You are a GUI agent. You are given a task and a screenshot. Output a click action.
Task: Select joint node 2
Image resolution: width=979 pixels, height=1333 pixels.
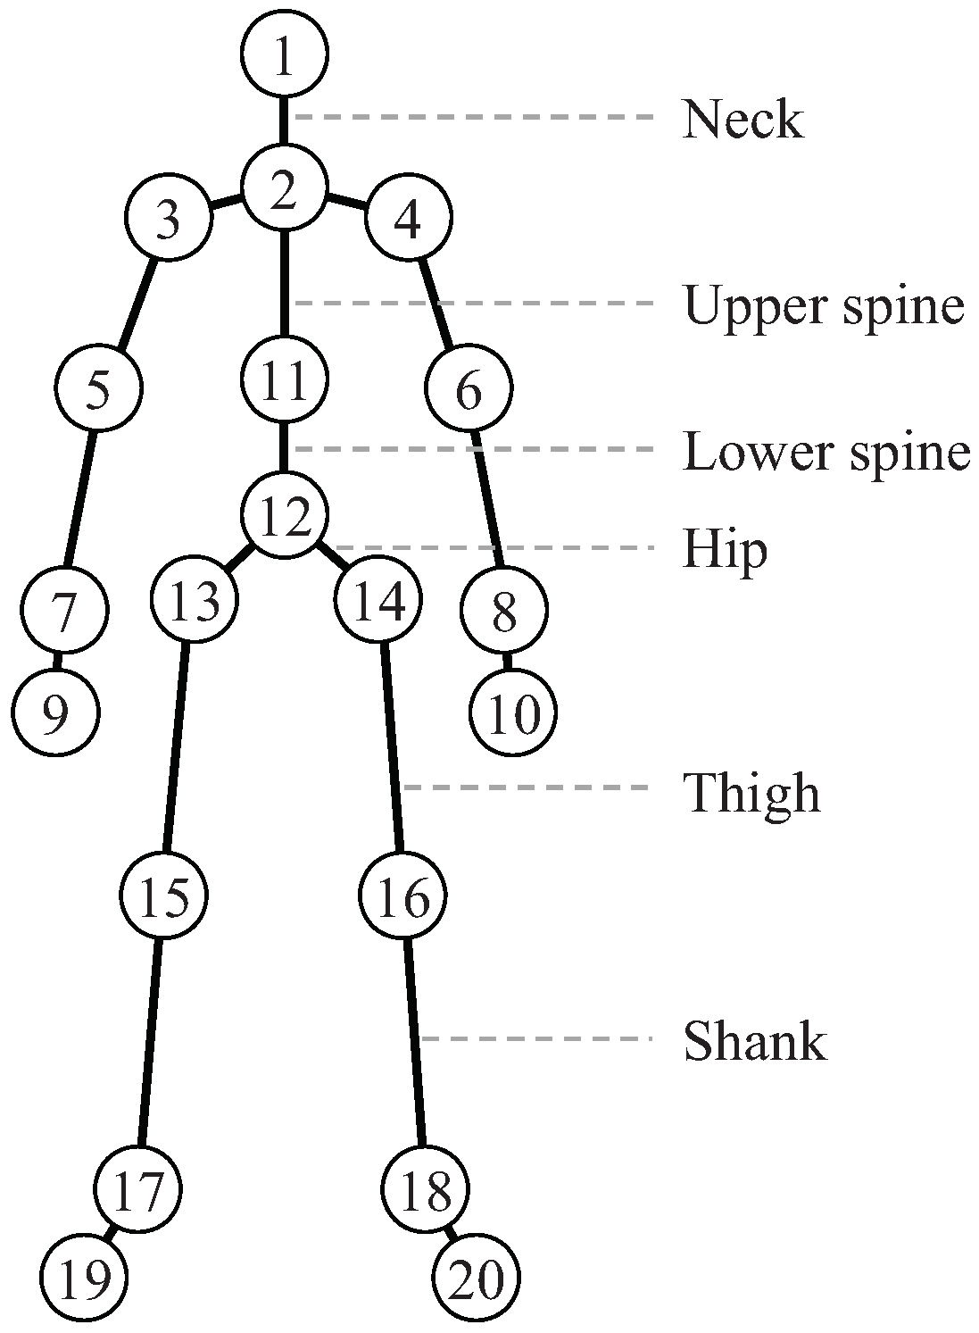(x=285, y=190)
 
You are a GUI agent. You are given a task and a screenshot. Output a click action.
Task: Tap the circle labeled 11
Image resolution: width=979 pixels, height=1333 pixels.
(x=285, y=379)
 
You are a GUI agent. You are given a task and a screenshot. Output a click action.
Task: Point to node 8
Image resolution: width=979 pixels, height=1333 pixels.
(x=503, y=612)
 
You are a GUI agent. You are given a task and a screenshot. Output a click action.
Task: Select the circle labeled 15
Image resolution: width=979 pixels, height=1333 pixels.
(x=165, y=896)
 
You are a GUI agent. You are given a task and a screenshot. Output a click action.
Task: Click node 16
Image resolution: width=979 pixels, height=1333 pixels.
(x=402, y=896)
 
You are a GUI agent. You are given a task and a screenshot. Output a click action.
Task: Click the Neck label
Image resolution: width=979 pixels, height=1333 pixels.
(x=743, y=120)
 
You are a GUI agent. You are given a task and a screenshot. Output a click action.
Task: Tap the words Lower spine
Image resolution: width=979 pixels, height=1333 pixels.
(x=826, y=453)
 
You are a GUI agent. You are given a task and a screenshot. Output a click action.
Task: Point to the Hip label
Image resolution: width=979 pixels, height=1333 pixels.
(x=725, y=549)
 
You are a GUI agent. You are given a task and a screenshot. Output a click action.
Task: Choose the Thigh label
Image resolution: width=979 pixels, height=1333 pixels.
(x=751, y=793)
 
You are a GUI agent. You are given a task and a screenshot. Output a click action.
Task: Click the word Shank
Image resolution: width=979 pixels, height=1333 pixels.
(x=755, y=1041)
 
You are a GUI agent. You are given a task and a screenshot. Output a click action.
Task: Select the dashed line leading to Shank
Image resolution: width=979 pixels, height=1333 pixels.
(x=535, y=1038)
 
